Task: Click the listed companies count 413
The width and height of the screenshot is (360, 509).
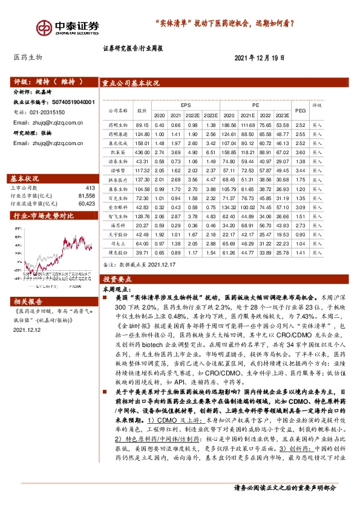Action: (91, 188)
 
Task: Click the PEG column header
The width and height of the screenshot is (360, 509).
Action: (300, 110)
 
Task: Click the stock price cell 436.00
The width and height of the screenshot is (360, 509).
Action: (143, 154)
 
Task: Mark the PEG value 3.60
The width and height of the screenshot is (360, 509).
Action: (300, 154)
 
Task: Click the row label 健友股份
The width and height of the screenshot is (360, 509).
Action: (117, 252)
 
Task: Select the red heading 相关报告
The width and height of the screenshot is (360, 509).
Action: (28, 300)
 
